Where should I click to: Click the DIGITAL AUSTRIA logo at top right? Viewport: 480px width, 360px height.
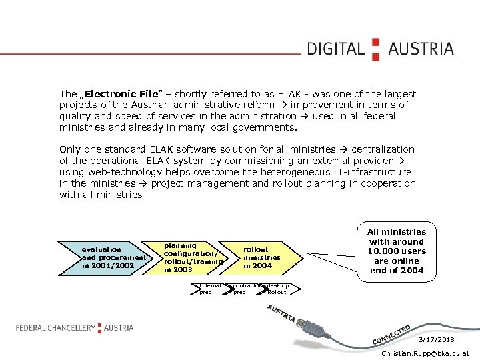pos(380,49)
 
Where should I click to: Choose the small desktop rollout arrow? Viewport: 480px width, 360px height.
pos(277,289)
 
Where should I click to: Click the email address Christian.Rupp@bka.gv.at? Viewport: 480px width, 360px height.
pos(425,353)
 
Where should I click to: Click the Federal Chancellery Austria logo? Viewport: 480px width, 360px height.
pos(75,327)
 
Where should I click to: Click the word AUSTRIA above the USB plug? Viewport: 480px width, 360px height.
pos(281,314)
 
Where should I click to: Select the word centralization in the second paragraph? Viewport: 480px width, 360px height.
pos(383,149)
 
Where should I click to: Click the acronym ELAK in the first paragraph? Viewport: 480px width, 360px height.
pos(285,94)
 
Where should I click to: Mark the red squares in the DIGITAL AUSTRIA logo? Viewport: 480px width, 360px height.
pos(375,49)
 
